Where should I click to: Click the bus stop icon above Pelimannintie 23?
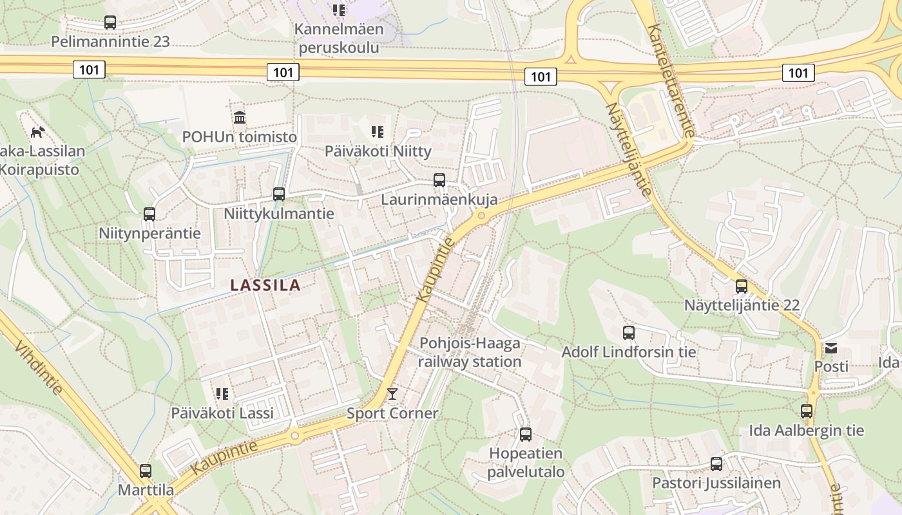pos(110,23)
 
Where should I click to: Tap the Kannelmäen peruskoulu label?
pos(339,38)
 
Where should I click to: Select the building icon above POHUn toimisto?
pos(240,118)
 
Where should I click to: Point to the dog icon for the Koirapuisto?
pos(38,132)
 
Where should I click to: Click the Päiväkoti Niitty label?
pos(378,151)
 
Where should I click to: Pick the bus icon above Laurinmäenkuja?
pos(439,180)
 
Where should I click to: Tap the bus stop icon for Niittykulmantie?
pos(279,194)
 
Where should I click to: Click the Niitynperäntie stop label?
pos(149,233)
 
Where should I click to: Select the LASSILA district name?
pos(265,285)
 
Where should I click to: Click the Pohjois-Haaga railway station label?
pos(470,352)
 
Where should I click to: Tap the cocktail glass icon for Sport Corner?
pos(392,394)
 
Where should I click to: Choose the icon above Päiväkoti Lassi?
pos(222,393)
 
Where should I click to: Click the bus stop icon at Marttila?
pos(146,471)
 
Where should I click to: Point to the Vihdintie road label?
pos(39,368)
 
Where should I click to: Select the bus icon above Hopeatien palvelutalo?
pos(526,435)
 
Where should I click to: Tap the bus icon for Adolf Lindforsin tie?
pos(629,333)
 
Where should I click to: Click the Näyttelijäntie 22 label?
pos(742,305)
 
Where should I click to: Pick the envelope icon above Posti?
pos(830,348)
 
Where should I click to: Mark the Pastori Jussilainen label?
pos(716,483)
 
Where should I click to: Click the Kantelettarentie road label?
pos(672,80)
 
